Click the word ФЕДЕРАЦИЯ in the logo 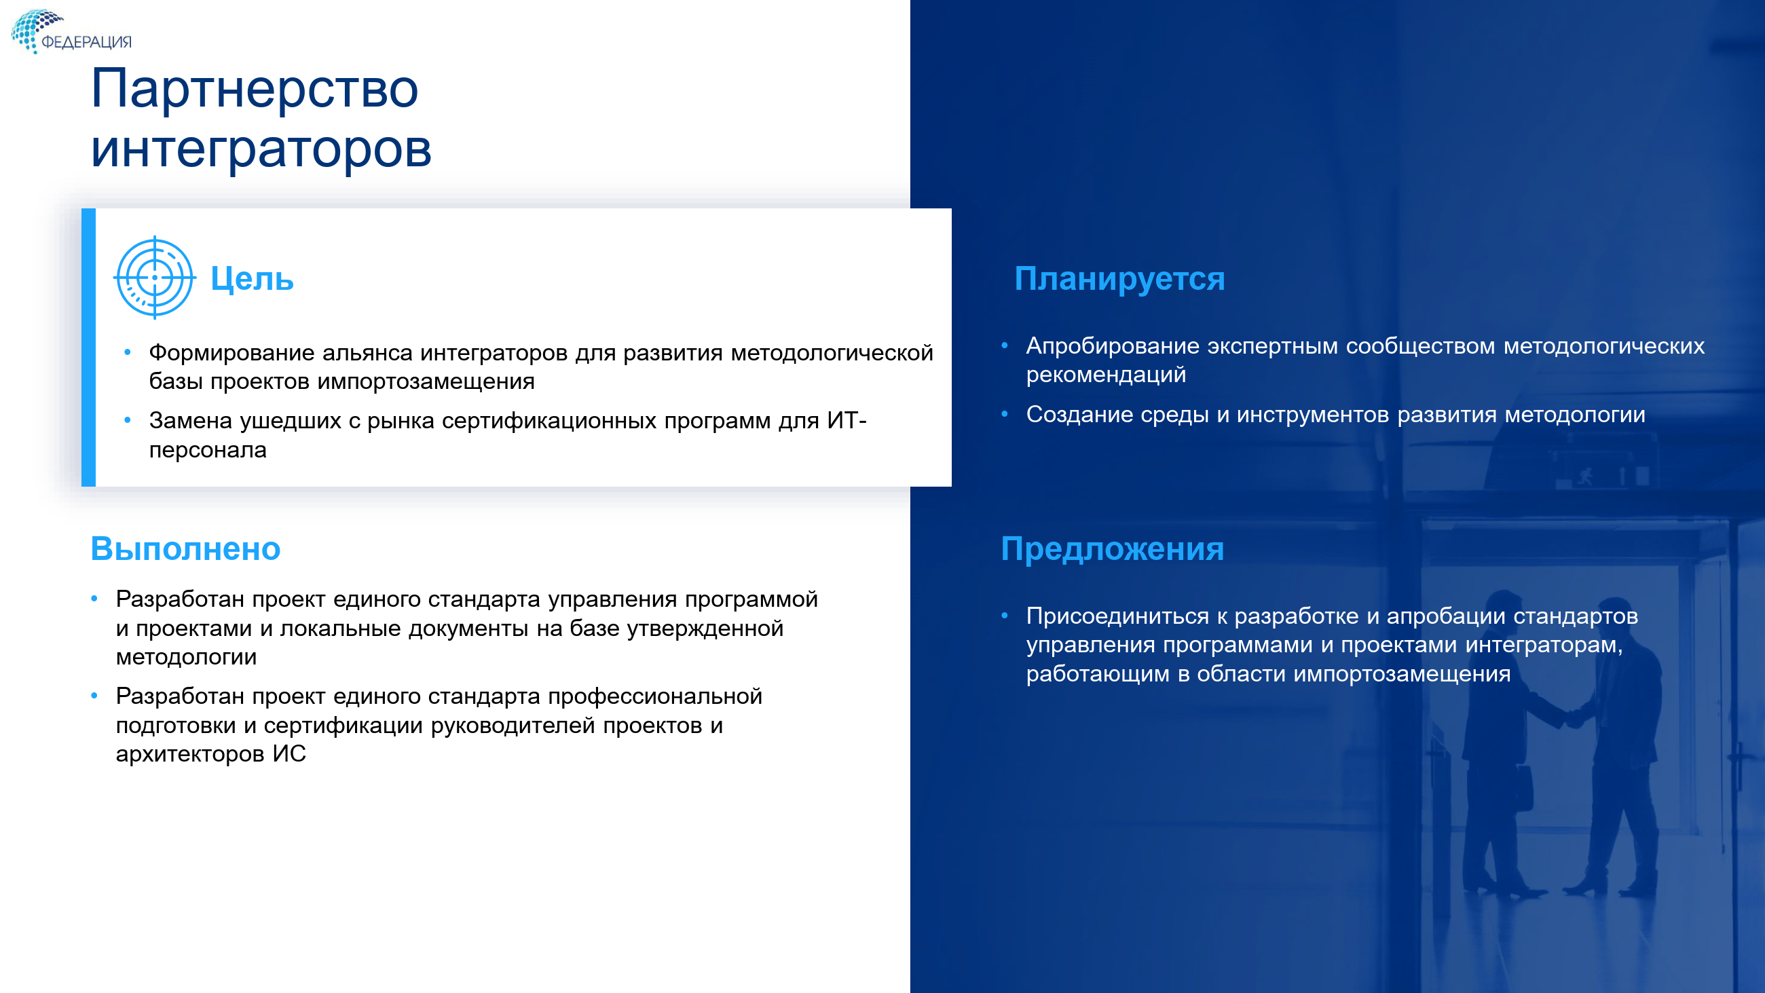coord(86,42)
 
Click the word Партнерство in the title coord(254,88)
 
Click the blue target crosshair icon coord(155,278)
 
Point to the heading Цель coord(252,279)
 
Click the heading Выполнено coord(186,548)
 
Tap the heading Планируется coord(1119,279)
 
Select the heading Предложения coord(1112,549)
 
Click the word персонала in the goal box coord(208,450)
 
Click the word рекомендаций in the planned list coord(1106,375)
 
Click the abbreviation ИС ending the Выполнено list coord(289,754)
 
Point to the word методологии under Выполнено coord(187,657)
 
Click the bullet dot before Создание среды coord(1005,414)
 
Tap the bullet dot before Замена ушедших coord(128,420)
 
